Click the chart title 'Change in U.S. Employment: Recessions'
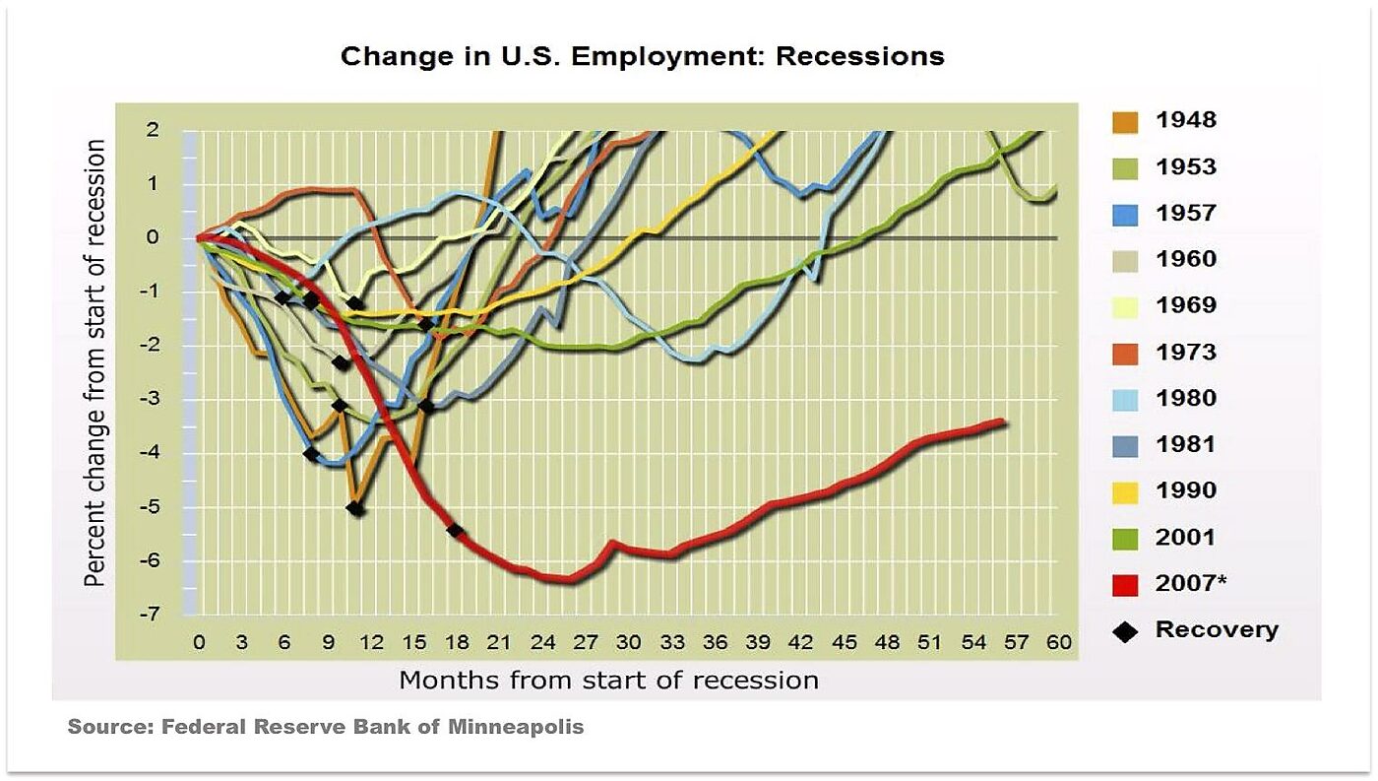(x=642, y=56)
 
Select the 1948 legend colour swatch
(x=1126, y=122)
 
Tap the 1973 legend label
(x=1185, y=353)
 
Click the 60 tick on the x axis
(x=1058, y=643)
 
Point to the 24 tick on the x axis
(x=542, y=643)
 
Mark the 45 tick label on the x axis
(x=844, y=643)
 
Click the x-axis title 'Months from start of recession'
(x=608, y=680)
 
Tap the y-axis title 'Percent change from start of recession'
(x=95, y=362)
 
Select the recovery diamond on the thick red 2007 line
(x=455, y=531)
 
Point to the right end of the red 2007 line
(x=1002, y=422)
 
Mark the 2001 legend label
(x=1185, y=538)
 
